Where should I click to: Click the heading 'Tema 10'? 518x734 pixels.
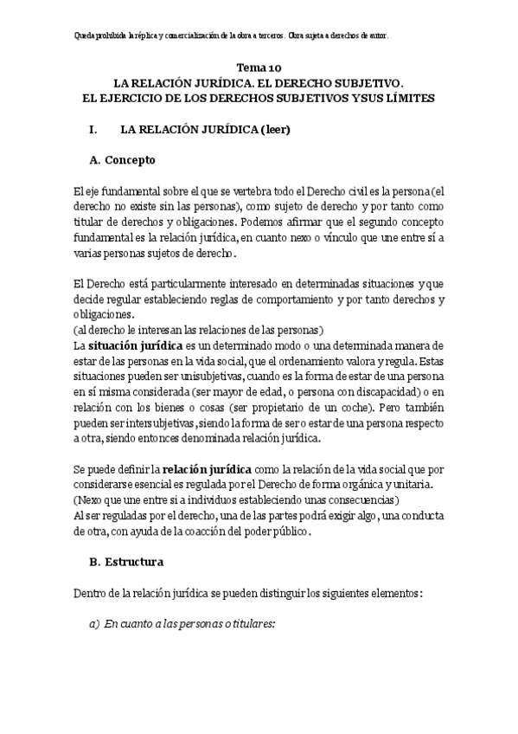(x=259, y=67)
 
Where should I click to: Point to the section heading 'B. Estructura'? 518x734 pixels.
(x=125, y=562)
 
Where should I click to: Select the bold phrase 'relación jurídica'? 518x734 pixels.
(x=205, y=468)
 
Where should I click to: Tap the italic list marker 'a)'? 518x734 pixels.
(x=96, y=624)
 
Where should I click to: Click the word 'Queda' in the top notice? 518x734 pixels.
(x=87, y=35)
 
